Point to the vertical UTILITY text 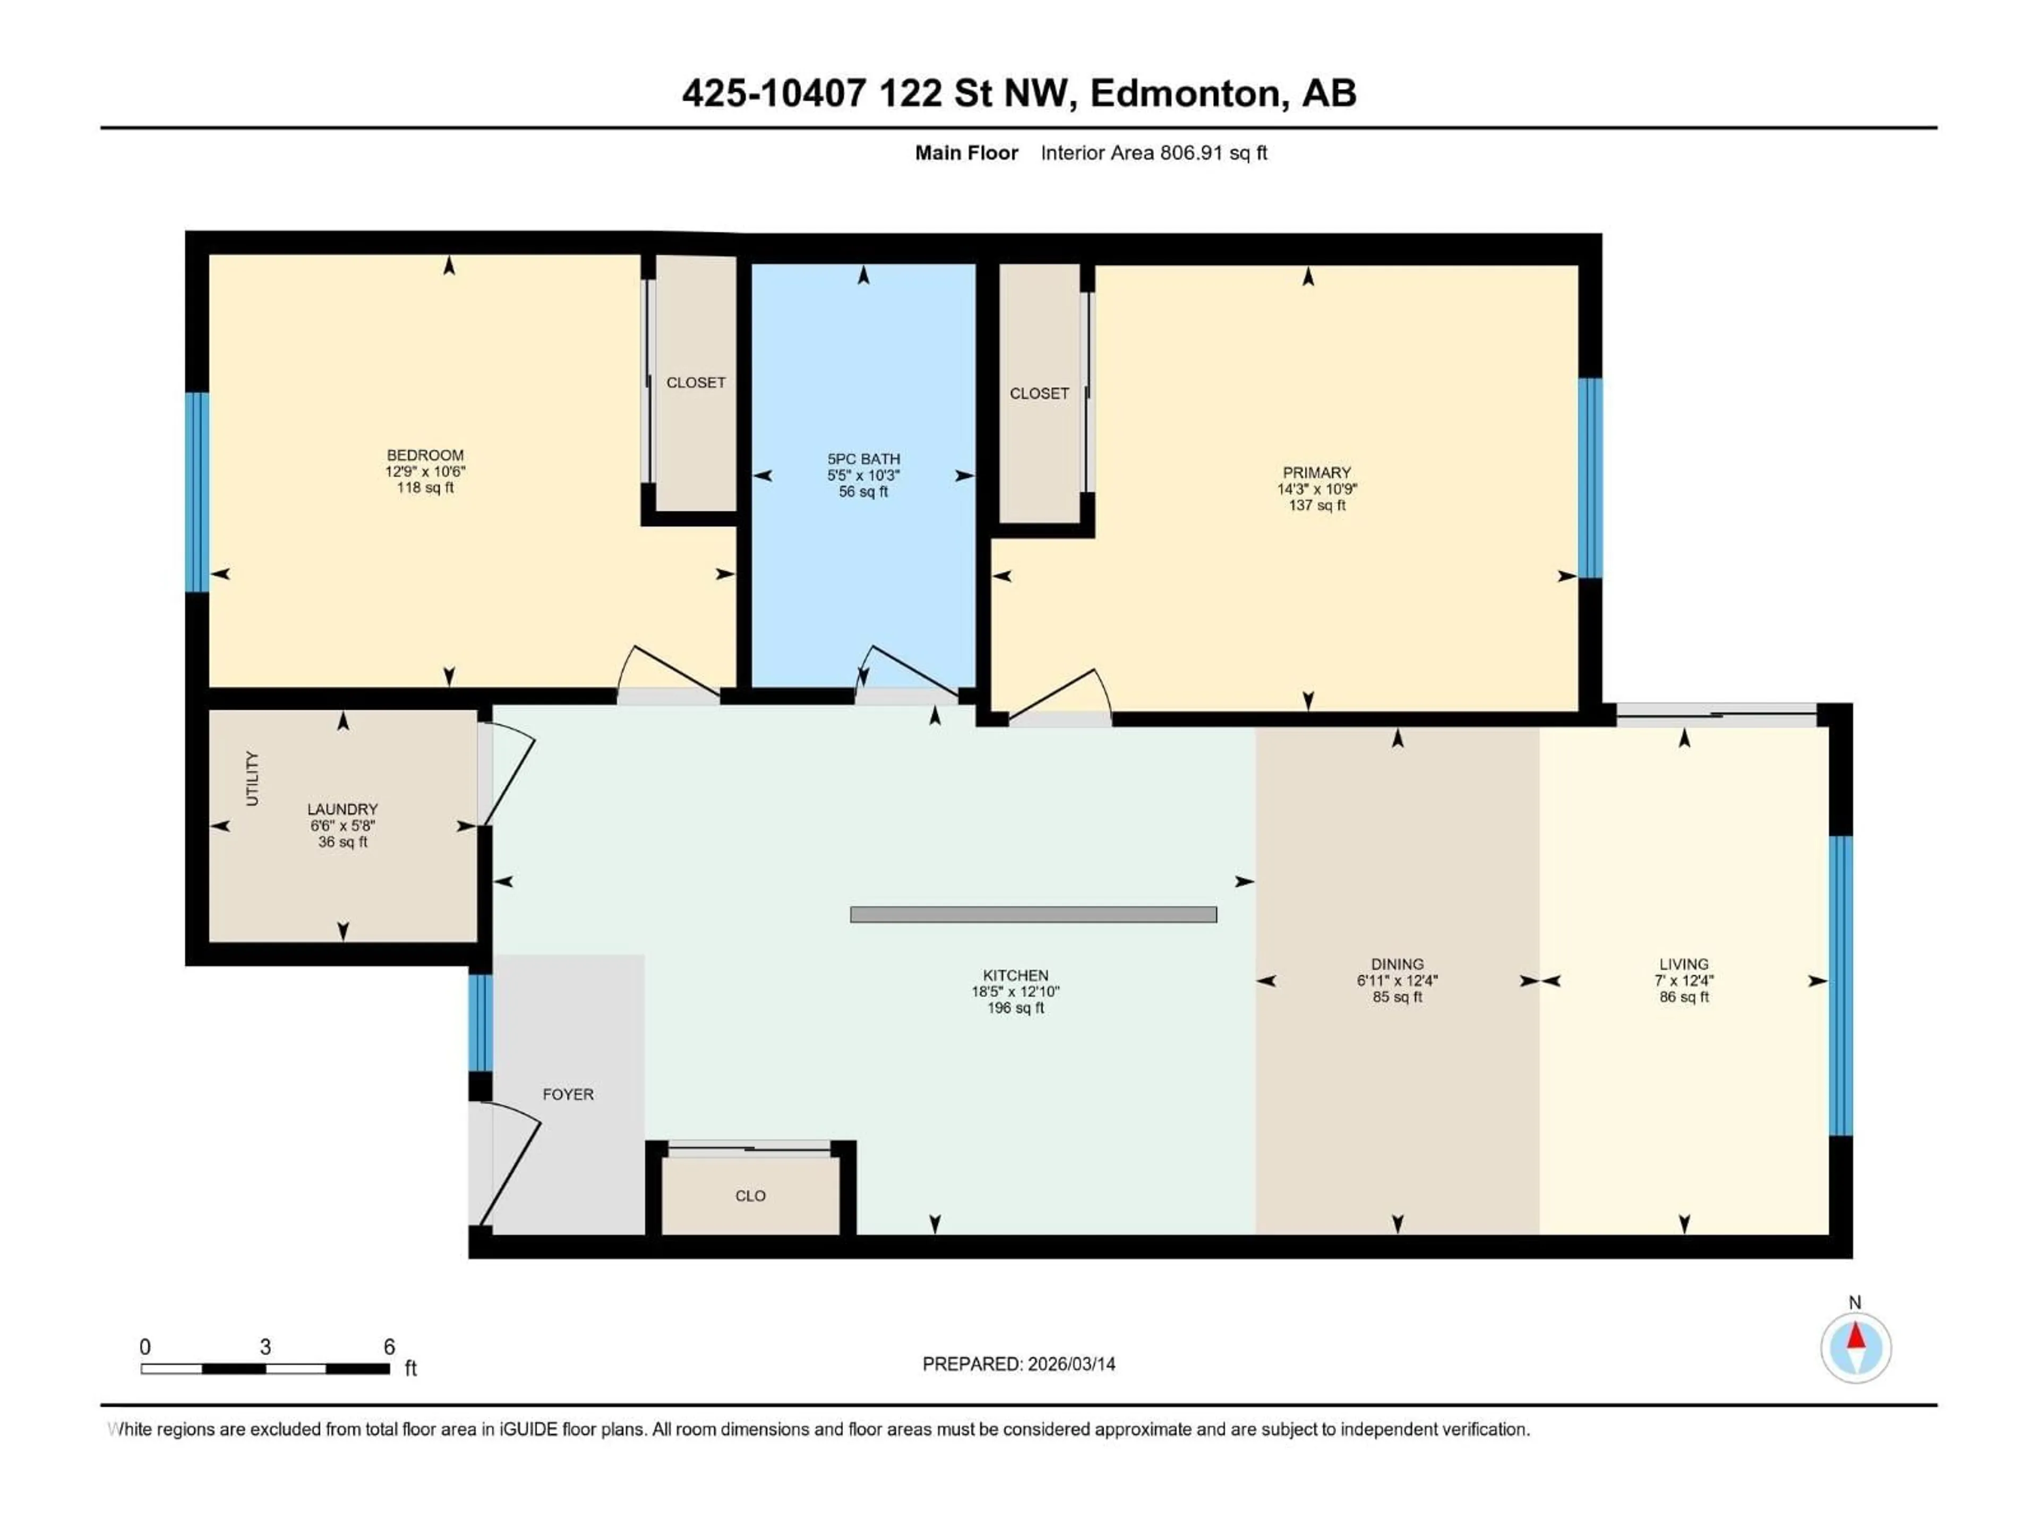tap(253, 779)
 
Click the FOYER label tap(568, 1094)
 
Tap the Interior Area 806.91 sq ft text tap(1153, 153)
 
